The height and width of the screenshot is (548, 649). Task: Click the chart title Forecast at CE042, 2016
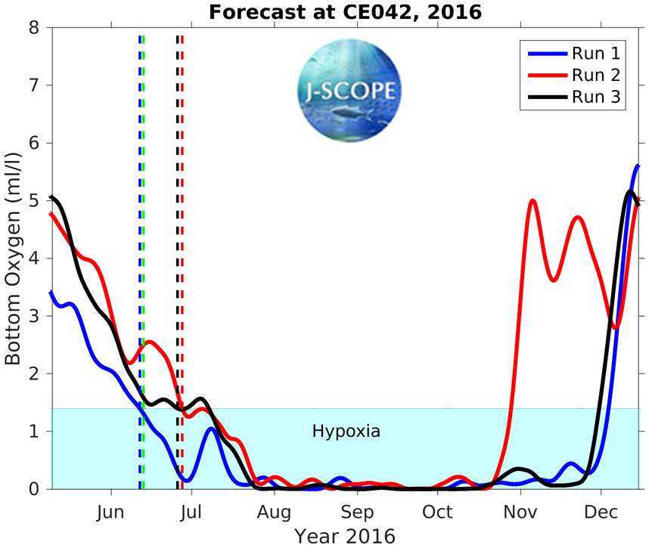(344, 12)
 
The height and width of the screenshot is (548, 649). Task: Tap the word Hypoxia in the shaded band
(346, 432)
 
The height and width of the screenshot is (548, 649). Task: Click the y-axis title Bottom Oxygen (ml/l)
(13, 258)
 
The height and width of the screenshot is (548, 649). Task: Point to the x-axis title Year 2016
(345, 536)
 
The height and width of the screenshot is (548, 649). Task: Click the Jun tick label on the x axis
(111, 512)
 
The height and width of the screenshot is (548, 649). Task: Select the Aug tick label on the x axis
(274, 512)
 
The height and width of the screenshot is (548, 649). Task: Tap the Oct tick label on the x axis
(437, 512)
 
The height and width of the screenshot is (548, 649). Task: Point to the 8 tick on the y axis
(33, 28)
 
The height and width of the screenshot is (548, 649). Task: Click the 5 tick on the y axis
(33, 201)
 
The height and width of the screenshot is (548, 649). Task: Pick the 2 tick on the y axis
(33, 374)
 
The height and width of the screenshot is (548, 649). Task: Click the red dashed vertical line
(182, 227)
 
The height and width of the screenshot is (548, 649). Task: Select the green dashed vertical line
(144, 227)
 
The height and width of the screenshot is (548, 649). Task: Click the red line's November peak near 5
(533, 201)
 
